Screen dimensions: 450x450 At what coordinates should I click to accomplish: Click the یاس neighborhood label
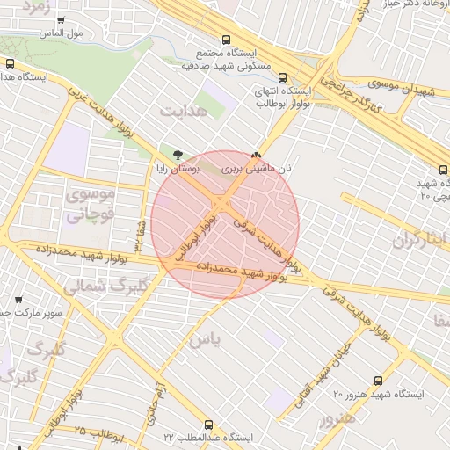pyautogui.click(x=200, y=338)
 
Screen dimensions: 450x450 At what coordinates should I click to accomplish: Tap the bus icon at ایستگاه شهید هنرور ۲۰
pyautogui.click(x=378, y=381)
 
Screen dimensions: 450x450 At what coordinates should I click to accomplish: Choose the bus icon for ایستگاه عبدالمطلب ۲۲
pyautogui.click(x=208, y=425)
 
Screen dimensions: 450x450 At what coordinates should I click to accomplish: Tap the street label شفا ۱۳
pyautogui.click(x=139, y=234)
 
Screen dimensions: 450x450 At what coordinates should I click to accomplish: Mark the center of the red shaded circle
pyautogui.click(x=225, y=224)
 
